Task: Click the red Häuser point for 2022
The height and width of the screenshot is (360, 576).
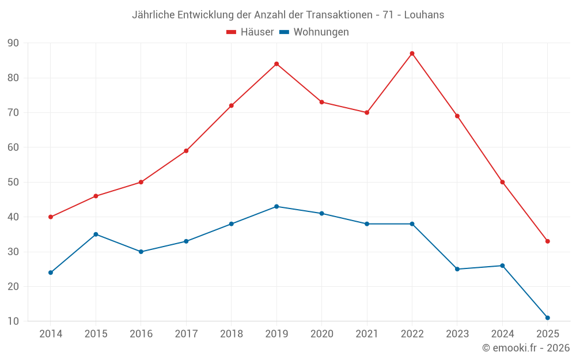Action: pos(412,54)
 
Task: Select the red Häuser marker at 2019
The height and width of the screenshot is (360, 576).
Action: pos(276,64)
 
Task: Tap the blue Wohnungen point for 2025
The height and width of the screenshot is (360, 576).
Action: pos(547,318)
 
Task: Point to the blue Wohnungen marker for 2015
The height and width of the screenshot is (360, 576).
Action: pos(96,234)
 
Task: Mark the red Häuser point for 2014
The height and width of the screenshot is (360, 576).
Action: pos(51,217)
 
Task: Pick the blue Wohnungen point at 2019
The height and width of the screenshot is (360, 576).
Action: pos(276,207)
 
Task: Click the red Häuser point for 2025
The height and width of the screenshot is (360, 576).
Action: pos(547,241)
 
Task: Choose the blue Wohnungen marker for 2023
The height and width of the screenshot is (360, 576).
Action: pos(457,269)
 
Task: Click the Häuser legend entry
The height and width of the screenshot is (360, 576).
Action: pos(250,32)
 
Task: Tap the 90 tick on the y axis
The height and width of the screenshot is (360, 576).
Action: pos(13,43)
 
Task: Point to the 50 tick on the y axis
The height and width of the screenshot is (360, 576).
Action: pos(13,183)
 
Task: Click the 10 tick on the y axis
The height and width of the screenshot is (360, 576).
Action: pos(13,321)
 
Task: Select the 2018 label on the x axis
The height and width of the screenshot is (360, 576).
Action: pos(231,334)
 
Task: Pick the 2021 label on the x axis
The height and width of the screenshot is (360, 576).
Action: pos(367,334)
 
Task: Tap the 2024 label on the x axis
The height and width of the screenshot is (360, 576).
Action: pos(502,334)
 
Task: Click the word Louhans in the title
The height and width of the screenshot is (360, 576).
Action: pos(424,15)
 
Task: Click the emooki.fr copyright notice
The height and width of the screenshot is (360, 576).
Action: pos(526,348)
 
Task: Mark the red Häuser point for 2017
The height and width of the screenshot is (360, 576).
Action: pos(186,151)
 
